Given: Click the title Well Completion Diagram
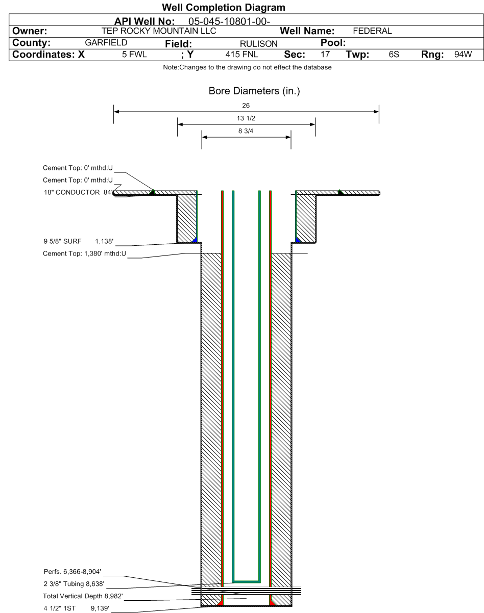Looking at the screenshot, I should (x=223, y=8).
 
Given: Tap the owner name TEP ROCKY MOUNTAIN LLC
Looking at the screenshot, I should (x=161, y=31).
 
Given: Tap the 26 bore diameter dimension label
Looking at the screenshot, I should (x=246, y=106).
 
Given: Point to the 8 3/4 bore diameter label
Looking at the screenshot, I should (x=246, y=132).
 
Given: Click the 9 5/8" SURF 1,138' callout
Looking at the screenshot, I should (x=78, y=241).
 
